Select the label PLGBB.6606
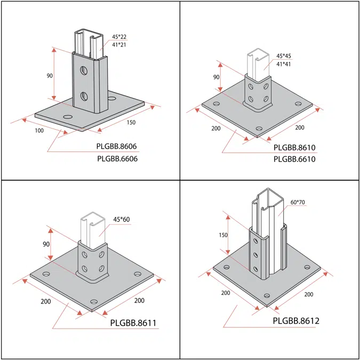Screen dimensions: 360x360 [117, 159]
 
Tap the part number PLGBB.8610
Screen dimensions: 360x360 [294, 147]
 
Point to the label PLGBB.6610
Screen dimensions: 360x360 [294, 159]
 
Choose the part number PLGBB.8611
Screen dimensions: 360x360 [132, 323]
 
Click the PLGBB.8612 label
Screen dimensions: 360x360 [296, 321]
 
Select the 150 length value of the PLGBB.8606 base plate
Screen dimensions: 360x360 [131, 123]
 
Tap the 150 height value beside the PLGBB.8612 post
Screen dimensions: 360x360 [223, 235]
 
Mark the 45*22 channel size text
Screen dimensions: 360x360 [119, 37]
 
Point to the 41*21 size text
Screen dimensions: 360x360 [119, 45]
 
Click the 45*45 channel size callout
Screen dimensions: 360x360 [284, 56]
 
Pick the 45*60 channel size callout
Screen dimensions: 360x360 [122, 219]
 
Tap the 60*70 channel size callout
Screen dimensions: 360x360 [298, 203]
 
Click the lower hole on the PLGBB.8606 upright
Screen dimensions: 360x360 [84, 96]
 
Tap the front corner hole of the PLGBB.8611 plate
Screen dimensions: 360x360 [95, 301]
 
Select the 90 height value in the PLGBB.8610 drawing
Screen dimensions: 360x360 [217, 77]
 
